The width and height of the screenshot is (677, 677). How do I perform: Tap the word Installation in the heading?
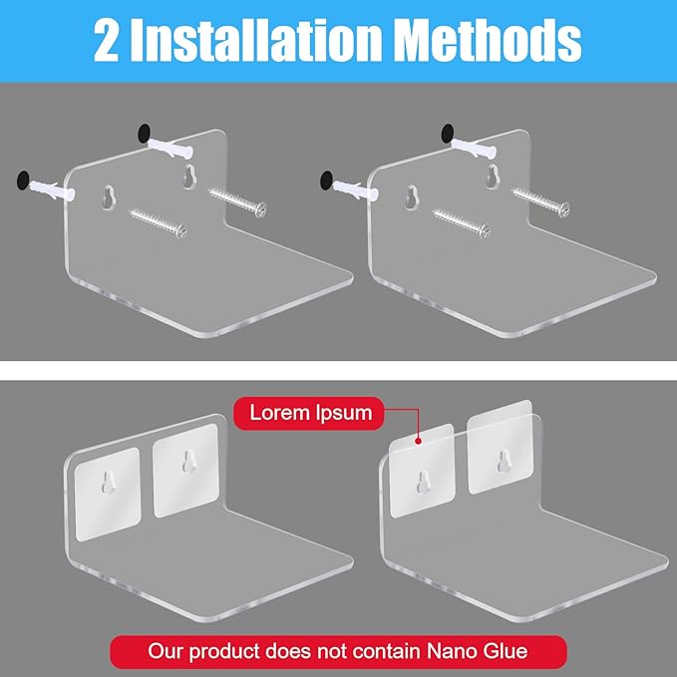(255, 41)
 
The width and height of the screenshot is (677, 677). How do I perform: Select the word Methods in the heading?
(488, 41)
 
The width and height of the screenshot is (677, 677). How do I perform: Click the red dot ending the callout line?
(418, 441)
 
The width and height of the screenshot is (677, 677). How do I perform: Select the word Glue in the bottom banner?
(504, 651)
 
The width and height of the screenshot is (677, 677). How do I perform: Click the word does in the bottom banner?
(287, 651)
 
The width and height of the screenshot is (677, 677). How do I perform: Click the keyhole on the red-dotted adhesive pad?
(424, 483)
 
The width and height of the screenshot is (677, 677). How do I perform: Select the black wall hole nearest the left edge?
(23, 180)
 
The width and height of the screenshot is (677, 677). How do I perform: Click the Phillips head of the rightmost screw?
(562, 209)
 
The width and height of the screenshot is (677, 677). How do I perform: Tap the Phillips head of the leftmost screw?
(181, 230)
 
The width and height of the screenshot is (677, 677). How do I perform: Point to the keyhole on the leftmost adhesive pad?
(109, 483)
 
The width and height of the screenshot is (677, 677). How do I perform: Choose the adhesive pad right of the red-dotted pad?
(500, 448)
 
